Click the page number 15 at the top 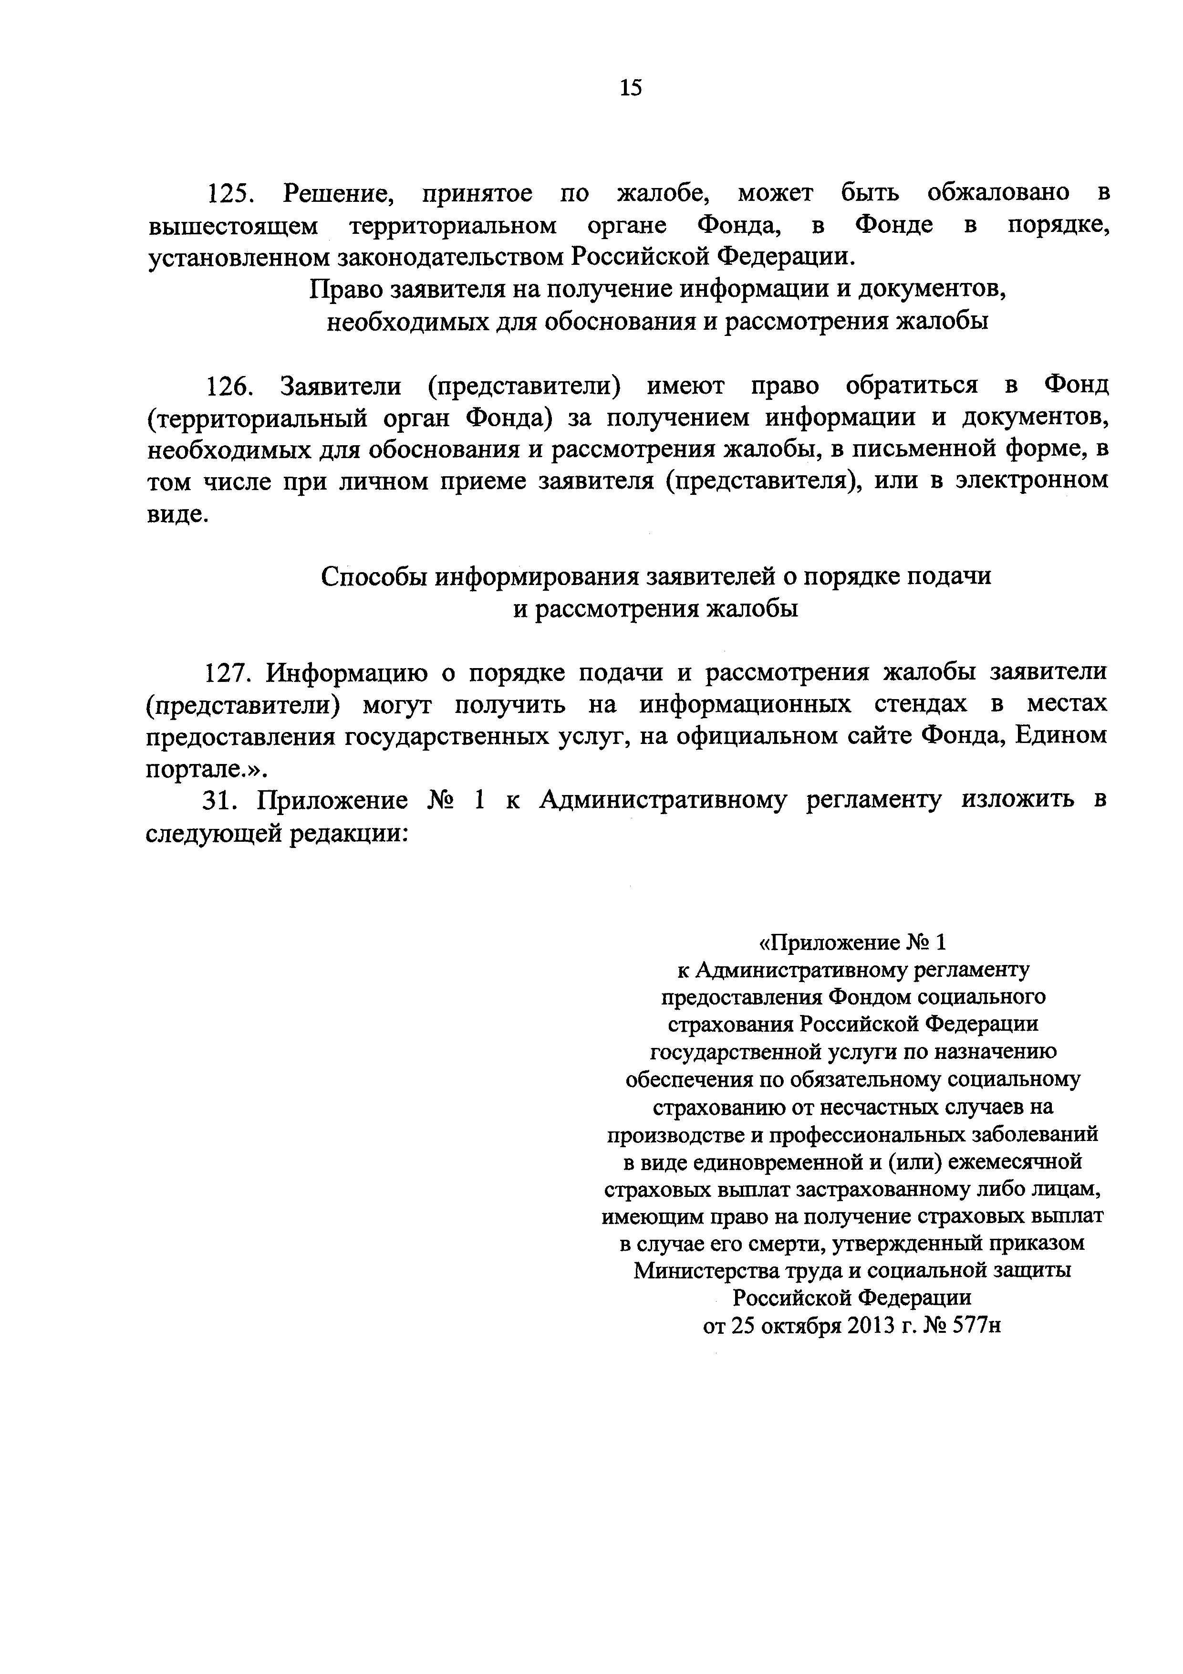pyautogui.click(x=631, y=88)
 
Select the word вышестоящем pyautogui.click(x=232, y=226)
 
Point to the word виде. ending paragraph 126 pyautogui.click(x=177, y=513)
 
